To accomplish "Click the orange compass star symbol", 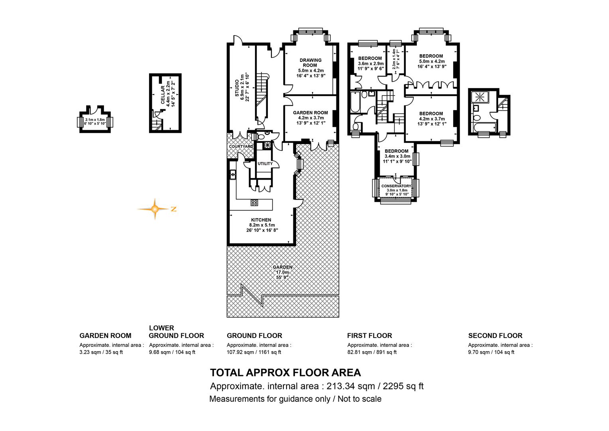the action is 155,209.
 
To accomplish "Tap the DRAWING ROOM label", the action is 310,63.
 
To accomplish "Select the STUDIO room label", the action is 237,88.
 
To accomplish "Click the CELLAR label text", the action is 163,95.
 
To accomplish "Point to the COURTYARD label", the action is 241,146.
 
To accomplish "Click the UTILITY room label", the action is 265,164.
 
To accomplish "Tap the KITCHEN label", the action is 261,220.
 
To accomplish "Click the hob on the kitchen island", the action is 254,203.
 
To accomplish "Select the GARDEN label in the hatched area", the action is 283,267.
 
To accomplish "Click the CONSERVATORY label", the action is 396,186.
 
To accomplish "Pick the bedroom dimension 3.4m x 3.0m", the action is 397,156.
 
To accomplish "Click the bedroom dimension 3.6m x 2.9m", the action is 371,63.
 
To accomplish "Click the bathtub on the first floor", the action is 356,102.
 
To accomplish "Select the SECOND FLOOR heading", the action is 495,336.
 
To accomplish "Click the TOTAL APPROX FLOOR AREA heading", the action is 285,372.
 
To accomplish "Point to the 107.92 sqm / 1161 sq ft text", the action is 253,352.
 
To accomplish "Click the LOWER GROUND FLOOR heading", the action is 177,332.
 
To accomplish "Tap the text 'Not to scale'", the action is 360,399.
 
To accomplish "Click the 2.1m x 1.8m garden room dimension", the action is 95,120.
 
